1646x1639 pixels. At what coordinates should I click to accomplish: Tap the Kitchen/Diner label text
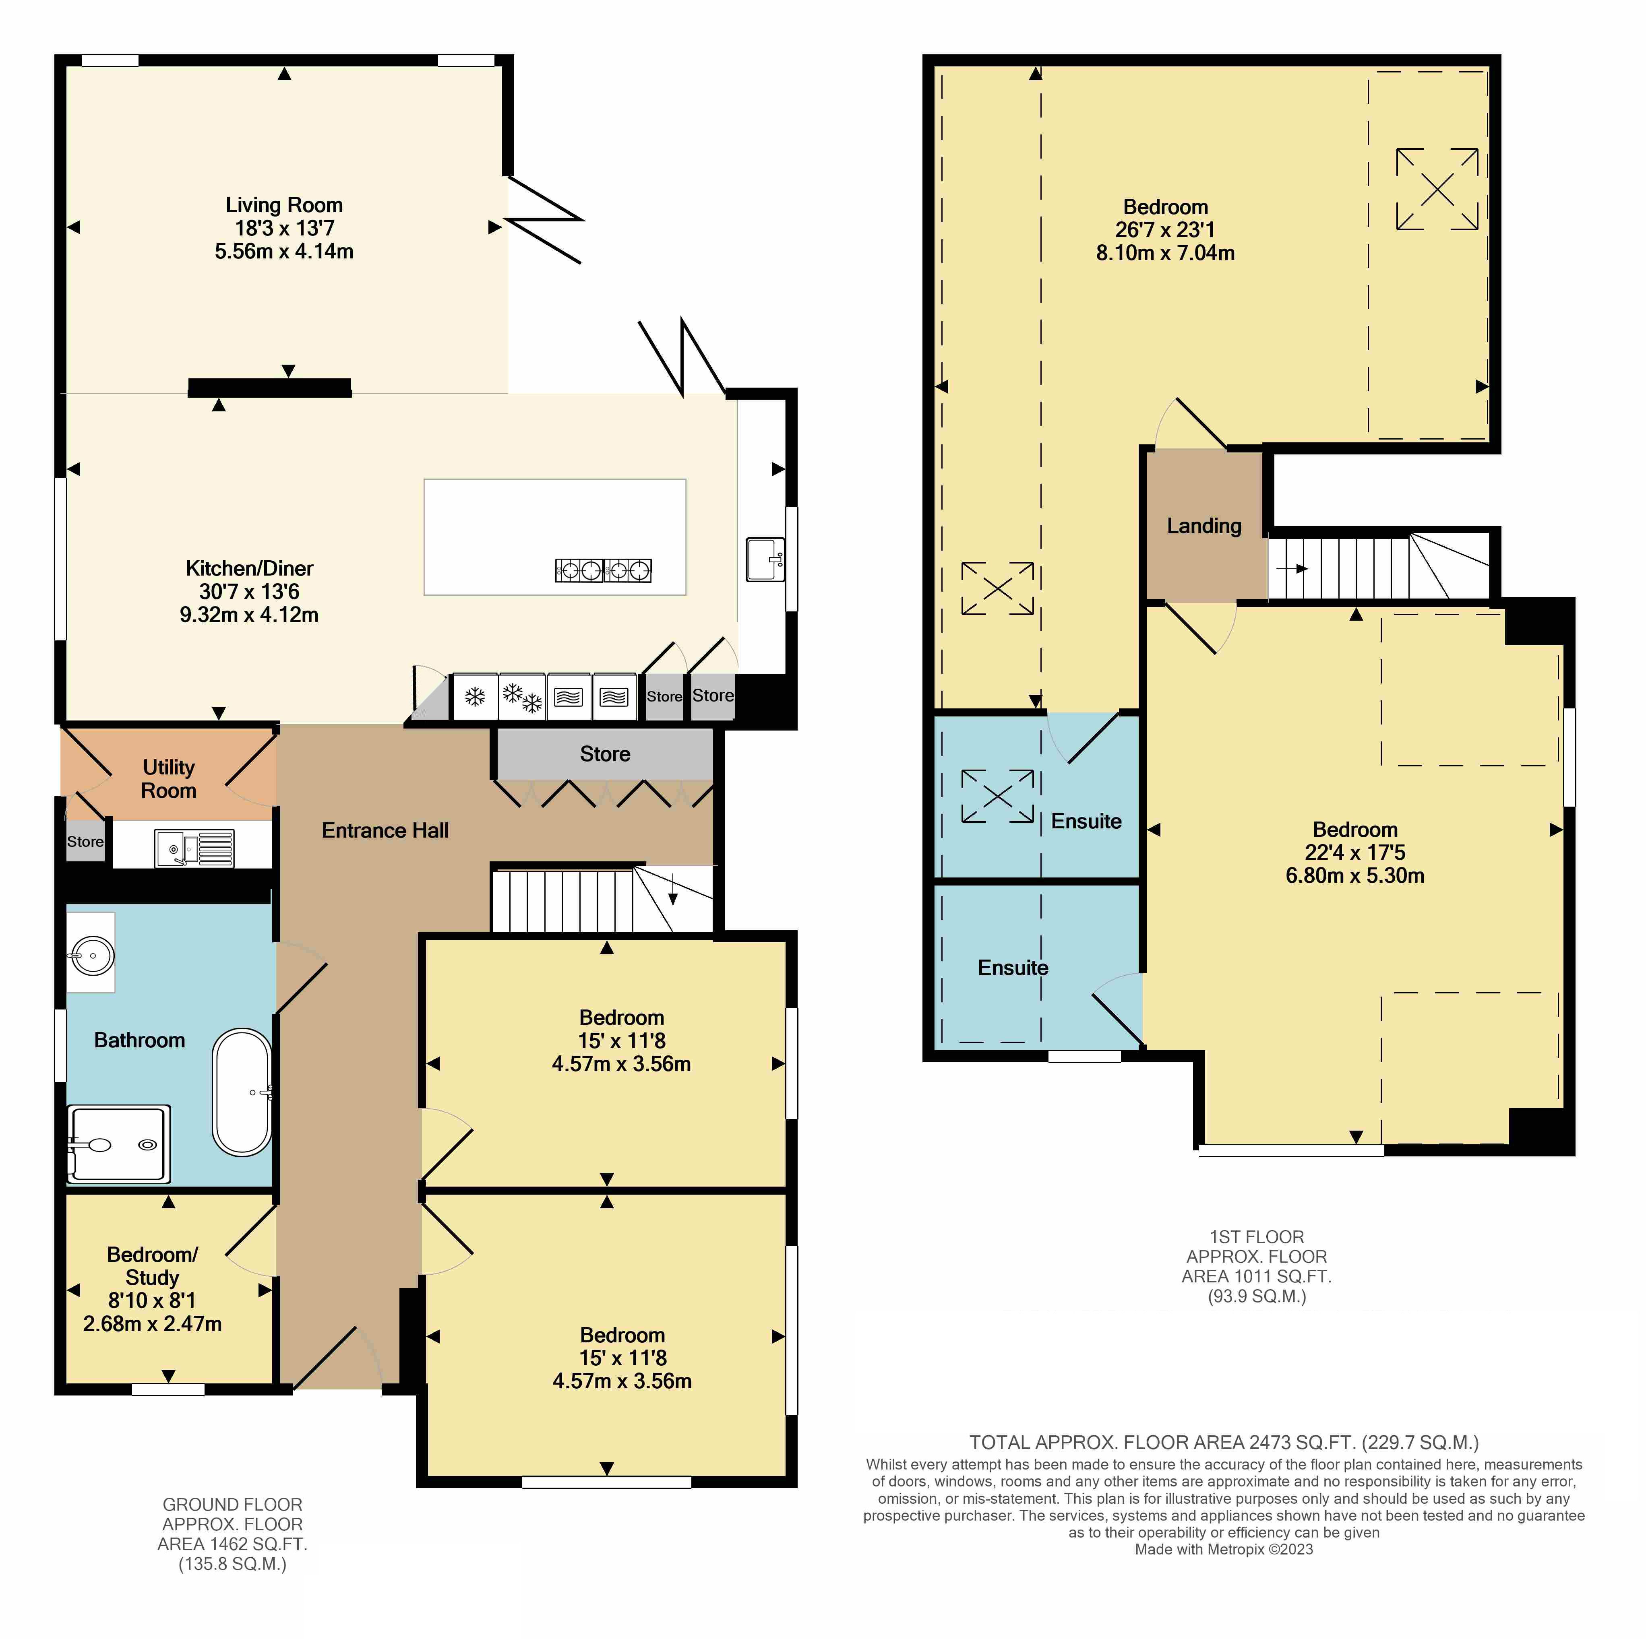(x=250, y=568)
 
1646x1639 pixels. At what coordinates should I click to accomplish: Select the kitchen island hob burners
(x=603, y=570)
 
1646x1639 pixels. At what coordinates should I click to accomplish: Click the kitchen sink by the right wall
(x=765, y=559)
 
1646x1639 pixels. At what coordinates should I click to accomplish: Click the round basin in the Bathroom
(x=90, y=956)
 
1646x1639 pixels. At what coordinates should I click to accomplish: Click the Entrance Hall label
(x=385, y=831)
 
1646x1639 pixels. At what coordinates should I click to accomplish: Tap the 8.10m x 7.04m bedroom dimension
(x=1166, y=253)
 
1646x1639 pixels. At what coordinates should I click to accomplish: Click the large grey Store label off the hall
(x=605, y=754)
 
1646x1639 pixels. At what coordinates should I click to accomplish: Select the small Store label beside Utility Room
(x=85, y=842)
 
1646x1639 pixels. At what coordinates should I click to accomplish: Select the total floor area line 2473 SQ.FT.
(x=1224, y=1442)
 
